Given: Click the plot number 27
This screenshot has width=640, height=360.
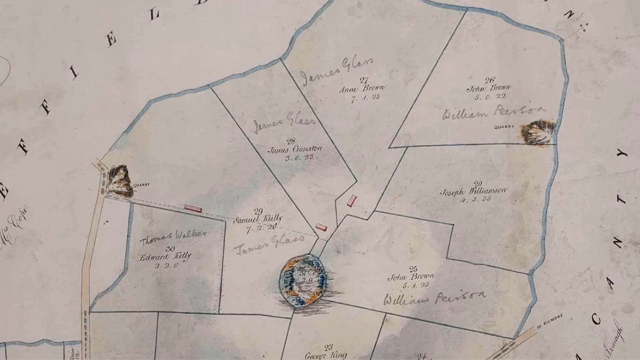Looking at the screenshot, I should coord(363,80).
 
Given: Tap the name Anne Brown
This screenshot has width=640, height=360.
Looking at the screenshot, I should coord(362,89).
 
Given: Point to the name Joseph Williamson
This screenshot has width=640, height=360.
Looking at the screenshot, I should coord(474,191).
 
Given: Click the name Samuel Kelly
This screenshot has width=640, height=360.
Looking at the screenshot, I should coord(258,218).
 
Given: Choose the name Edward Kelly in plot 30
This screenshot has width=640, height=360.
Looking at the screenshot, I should coord(165,256).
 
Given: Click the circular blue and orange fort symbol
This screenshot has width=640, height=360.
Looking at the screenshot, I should coord(303,280).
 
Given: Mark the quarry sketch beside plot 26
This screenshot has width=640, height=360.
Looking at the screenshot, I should coord(538,132).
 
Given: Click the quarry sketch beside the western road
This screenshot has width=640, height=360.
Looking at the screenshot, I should coord(119,181).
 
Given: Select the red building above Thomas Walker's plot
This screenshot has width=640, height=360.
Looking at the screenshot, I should coord(193,208).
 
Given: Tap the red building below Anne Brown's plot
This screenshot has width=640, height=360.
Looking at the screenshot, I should coord(352,201).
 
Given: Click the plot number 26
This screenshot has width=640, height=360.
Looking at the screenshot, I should coord(490,80).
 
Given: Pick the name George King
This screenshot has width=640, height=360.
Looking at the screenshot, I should coord(326,355).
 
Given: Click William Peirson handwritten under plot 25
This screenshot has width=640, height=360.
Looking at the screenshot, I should coord(434,298).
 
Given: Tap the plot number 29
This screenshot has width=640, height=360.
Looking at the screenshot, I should coord(258,211).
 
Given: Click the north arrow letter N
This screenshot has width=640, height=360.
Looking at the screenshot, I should coord(569,15).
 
